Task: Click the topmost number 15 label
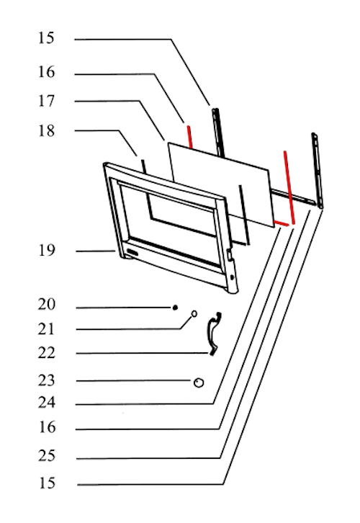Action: pos(46,38)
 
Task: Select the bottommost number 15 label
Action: pos(47,483)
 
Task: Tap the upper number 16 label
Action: pos(46,72)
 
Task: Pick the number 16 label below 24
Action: pos(47,427)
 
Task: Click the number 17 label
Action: pos(46,101)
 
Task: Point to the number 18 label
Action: pos(46,131)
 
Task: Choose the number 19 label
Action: pos(47,250)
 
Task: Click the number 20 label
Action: pos(47,304)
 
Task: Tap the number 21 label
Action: pos(46,329)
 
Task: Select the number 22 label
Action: pos(47,353)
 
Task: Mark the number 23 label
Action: pos(47,380)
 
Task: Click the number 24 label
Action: pos(47,403)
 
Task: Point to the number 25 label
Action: pos(47,455)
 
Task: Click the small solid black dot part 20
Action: pos(175,308)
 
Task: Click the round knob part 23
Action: pos(199,383)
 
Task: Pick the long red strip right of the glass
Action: pos(289,187)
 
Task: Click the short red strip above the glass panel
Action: pos(189,137)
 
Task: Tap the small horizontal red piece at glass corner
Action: pos(282,223)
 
